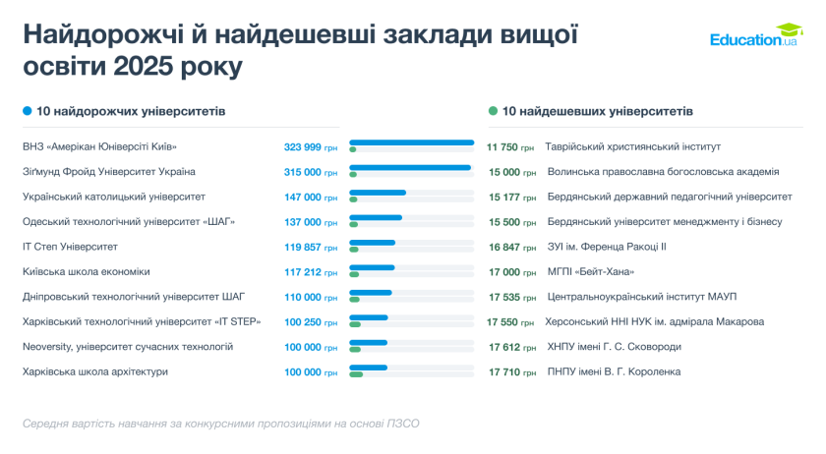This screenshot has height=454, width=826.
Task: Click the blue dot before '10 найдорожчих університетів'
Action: click(28, 111)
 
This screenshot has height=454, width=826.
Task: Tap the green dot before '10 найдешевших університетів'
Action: click(493, 111)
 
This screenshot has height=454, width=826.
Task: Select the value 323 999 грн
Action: click(310, 146)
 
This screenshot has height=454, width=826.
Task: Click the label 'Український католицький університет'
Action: click(114, 197)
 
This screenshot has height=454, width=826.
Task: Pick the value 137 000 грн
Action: click(310, 221)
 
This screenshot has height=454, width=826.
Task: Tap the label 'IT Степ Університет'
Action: click(70, 247)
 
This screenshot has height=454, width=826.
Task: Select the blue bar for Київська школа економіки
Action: click(372, 267)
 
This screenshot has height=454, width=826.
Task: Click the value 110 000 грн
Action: click(310, 297)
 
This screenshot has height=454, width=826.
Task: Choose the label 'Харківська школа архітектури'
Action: click(95, 371)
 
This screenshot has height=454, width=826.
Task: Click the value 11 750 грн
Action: click(510, 146)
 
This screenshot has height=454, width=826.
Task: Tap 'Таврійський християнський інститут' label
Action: click(633, 146)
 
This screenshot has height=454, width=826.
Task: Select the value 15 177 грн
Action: click(510, 197)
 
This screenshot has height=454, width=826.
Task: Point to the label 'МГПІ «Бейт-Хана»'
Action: click(591, 271)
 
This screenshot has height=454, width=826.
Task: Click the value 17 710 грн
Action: click(510, 371)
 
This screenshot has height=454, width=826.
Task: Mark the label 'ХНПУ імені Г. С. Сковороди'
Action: click(615, 347)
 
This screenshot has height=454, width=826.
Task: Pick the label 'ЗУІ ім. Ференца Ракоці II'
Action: click(607, 247)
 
